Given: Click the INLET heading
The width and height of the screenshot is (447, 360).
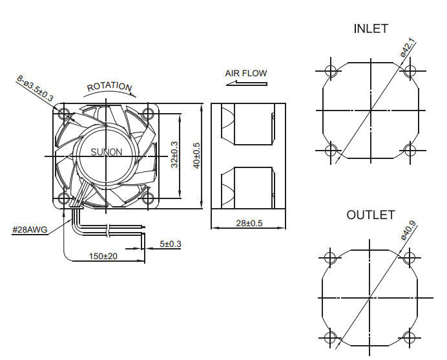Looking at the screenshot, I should (371, 29).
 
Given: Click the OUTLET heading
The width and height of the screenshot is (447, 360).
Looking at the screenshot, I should (370, 215).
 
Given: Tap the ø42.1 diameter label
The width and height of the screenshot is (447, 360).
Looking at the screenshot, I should (408, 49).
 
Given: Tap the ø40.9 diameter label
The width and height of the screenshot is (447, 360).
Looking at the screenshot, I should (408, 231).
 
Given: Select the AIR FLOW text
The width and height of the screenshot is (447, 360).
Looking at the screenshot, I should (245, 73).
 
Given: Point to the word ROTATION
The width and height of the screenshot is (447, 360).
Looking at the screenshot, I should (109, 87).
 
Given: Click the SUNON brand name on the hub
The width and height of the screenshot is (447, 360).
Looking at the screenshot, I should (105, 153).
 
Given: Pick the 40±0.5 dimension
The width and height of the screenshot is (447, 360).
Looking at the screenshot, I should (196, 156).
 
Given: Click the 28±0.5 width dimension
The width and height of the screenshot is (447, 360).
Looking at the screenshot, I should (249, 223).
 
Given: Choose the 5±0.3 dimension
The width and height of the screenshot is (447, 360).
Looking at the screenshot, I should (171, 244).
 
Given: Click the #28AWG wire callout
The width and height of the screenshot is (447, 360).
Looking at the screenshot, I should (30, 229).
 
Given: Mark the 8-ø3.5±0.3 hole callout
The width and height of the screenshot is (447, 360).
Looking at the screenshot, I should (36, 87).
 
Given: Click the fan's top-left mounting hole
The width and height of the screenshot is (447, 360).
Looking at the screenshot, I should (64, 114).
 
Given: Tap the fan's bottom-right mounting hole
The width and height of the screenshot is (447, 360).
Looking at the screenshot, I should (148, 198).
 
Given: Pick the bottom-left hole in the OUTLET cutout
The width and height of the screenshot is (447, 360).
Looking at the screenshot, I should (331, 337).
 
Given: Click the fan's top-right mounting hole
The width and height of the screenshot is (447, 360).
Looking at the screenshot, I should (148, 114).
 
